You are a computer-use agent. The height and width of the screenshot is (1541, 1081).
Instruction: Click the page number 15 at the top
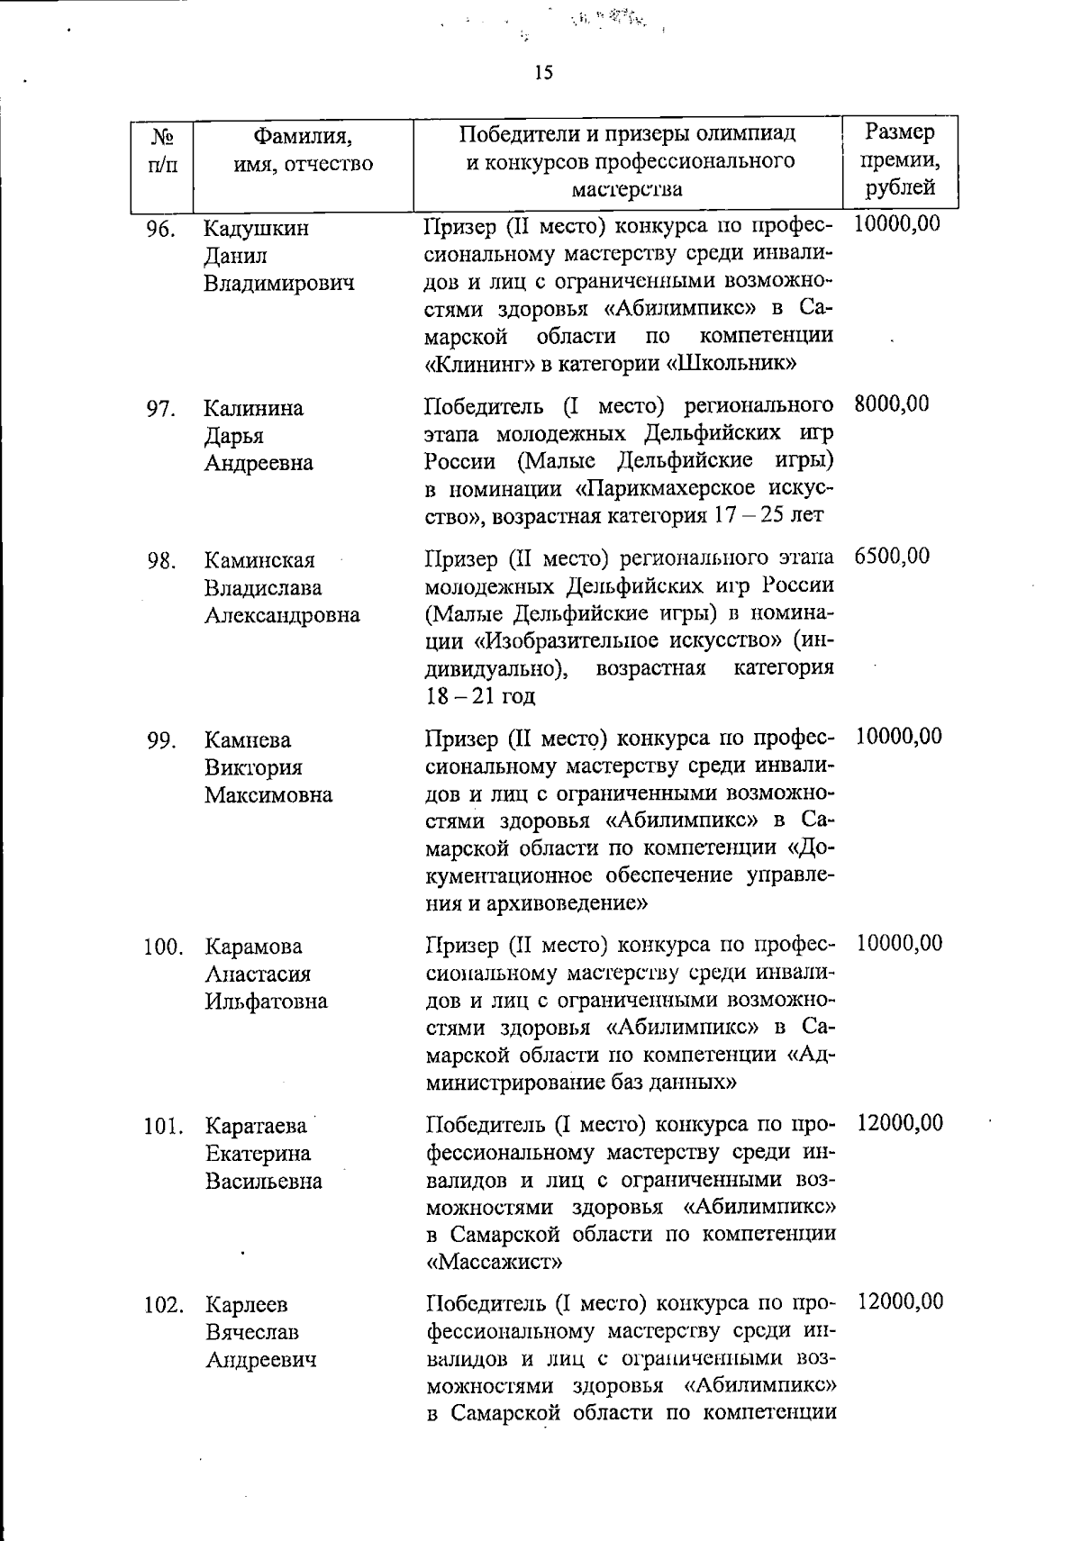click(x=542, y=73)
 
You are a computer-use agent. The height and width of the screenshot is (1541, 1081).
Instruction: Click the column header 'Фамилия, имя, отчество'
click(x=302, y=150)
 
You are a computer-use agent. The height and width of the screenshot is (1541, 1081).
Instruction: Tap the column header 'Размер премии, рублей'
click(x=899, y=159)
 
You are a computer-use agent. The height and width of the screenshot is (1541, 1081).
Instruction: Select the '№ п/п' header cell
click(x=162, y=150)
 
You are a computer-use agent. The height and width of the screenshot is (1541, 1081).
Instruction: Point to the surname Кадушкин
click(x=257, y=228)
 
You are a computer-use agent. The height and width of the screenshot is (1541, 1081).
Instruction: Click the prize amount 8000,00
click(x=891, y=404)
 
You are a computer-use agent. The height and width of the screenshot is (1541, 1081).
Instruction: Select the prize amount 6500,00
click(x=891, y=557)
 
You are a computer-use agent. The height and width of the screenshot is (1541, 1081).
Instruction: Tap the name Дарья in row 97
click(x=233, y=436)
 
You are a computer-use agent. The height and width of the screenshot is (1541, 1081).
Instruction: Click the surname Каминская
click(x=259, y=560)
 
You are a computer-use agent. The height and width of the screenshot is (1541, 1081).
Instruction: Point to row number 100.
click(x=163, y=947)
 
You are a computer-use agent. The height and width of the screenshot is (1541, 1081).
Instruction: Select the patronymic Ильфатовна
click(x=266, y=1002)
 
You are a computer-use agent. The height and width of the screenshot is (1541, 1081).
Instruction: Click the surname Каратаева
click(x=257, y=1127)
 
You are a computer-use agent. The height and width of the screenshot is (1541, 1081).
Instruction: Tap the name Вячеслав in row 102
click(x=252, y=1332)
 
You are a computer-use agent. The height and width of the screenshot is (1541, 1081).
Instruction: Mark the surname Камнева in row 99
click(x=248, y=740)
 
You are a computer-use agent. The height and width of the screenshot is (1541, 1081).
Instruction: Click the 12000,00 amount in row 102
click(x=900, y=1301)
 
